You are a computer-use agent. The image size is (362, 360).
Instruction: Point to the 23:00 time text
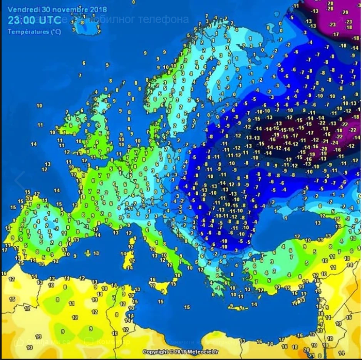(x=23, y=21)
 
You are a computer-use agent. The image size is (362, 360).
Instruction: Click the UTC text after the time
(x=51, y=21)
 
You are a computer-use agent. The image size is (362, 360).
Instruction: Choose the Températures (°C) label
(x=34, y=32)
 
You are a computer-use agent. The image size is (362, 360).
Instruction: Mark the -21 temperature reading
(x=324, y=141)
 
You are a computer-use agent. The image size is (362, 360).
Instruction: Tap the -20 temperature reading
(x=324, y=148)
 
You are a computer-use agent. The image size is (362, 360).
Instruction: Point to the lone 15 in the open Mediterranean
(x=187, y=307)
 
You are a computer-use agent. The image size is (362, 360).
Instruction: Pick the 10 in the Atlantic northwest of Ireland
(x=39, y=105)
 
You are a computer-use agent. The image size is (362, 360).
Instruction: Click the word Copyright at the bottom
(x=155, y=352)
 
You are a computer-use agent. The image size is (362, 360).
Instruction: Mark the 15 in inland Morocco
(x=12, y=299)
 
